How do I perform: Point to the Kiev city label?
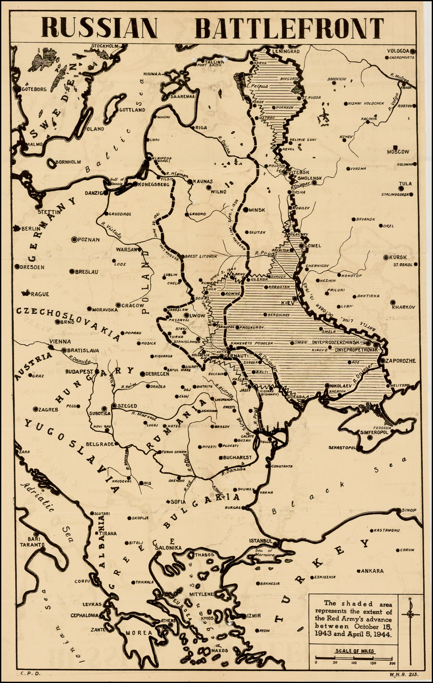pyautogui.click(x=288, y=303)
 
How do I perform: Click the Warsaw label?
pyautogui.click(x=126, y=249)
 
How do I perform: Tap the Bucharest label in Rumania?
pyautogui.click(x=238, y=457)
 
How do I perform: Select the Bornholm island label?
pyautogui.click(x=68, y=161)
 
